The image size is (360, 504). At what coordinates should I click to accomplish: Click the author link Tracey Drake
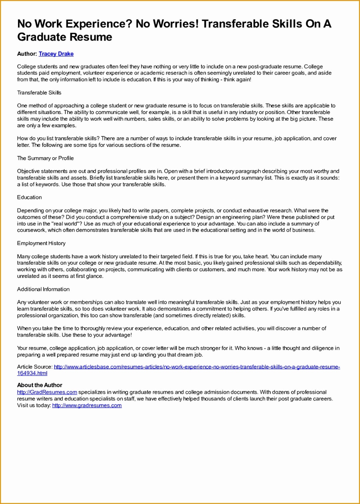tap(56, 54)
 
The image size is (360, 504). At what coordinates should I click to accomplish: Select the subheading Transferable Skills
tap(39, 93)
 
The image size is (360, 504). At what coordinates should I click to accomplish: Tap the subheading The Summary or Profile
tap(45, 158)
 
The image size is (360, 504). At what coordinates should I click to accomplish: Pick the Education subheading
tap(29, 197)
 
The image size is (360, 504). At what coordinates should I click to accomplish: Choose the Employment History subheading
tap(41, 243)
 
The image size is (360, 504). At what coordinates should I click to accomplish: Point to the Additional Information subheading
tap(43, 289)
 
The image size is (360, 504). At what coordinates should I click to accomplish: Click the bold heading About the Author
tap(40, 385)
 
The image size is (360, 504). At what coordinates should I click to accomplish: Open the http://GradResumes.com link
tap(47, 392)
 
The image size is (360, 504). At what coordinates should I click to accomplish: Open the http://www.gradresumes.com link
tap(87, 406)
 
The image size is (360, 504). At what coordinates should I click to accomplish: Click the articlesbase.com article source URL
tap(196, 367)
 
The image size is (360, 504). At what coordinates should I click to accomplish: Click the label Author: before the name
tap(27, 54)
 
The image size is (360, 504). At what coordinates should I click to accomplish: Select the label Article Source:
tap(35, 367)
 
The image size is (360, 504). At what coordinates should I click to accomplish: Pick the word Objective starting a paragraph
tap(28, 171)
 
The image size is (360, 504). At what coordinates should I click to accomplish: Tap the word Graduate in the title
tap(43, 37)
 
